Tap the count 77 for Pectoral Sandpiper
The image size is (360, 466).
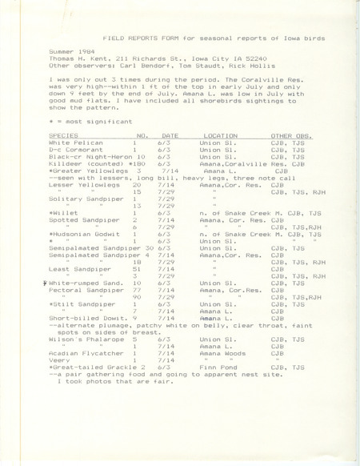138,311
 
